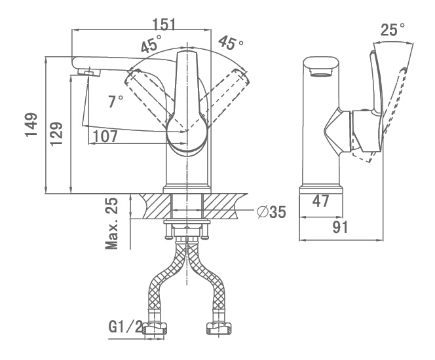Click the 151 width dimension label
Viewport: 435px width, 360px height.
[164, 24]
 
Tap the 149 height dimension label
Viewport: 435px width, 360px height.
[31, 124]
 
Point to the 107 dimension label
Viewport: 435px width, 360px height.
[105, 136]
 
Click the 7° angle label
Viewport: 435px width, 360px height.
[115, 101]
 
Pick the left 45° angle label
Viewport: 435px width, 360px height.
[151, 43]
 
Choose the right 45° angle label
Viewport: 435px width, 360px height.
[231, 43]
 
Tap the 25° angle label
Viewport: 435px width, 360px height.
[392, 29]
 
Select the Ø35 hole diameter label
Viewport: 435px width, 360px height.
[271, 212]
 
